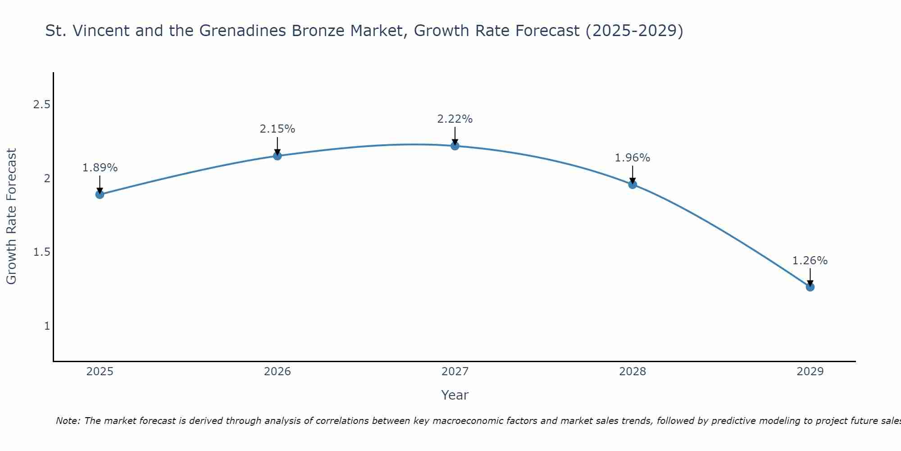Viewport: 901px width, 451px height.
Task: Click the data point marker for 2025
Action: [x=100, y=194]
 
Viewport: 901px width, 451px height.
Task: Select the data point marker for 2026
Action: [x=278, y=156]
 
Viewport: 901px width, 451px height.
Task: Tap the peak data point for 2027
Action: [x=455, y=146]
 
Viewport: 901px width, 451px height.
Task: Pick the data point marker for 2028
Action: [x=633, y=184]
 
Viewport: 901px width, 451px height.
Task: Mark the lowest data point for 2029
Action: [x=810, y=287]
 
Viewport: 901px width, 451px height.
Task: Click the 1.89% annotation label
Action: [x=100, y=168]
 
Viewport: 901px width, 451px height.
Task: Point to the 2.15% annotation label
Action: [x=278, y=129]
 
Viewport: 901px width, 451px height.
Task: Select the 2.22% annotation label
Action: [x=455, y=119]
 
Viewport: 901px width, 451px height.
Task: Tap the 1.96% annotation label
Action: [x=633, y=158]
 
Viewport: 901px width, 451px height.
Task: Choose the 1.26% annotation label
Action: [x=810, y=261]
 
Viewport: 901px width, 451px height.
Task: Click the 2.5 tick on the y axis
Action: [x=41, y=105]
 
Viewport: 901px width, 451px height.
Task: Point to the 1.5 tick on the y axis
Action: [x=41, y=252]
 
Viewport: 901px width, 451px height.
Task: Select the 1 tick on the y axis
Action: [x=47, y=326]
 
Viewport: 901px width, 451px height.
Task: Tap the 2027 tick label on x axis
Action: [x=455, y=372]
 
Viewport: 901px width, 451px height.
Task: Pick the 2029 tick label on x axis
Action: [x=810, y=372]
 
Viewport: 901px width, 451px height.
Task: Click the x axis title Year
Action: [x=455, y=395]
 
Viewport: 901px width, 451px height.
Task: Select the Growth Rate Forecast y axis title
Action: [x=12, y=216]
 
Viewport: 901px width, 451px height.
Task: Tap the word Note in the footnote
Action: [x=68, y=421]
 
